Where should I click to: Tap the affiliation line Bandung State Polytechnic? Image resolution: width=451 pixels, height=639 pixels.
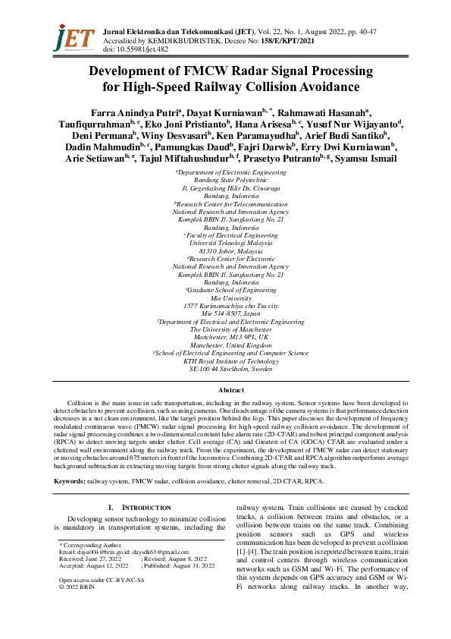point(225,181)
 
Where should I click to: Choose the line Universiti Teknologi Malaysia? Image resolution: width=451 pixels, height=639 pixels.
point(225,243)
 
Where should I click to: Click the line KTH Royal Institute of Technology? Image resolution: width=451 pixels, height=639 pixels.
point(225,360)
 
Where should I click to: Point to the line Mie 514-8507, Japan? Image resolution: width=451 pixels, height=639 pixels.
point(225,313)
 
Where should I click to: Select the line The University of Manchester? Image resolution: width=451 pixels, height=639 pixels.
point(225,329)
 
